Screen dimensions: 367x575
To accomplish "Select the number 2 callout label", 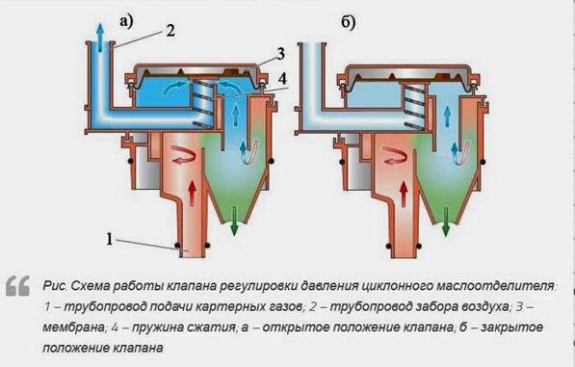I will point(170,29).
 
